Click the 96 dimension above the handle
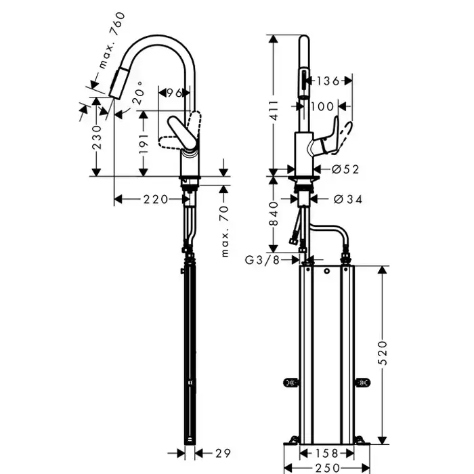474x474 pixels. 175,93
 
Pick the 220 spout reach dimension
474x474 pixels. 155,199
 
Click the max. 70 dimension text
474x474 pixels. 225,232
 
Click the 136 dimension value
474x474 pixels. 328,81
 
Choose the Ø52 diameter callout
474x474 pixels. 345,170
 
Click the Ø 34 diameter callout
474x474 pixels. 347,199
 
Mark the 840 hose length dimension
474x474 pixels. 274,214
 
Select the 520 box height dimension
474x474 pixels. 383,352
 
